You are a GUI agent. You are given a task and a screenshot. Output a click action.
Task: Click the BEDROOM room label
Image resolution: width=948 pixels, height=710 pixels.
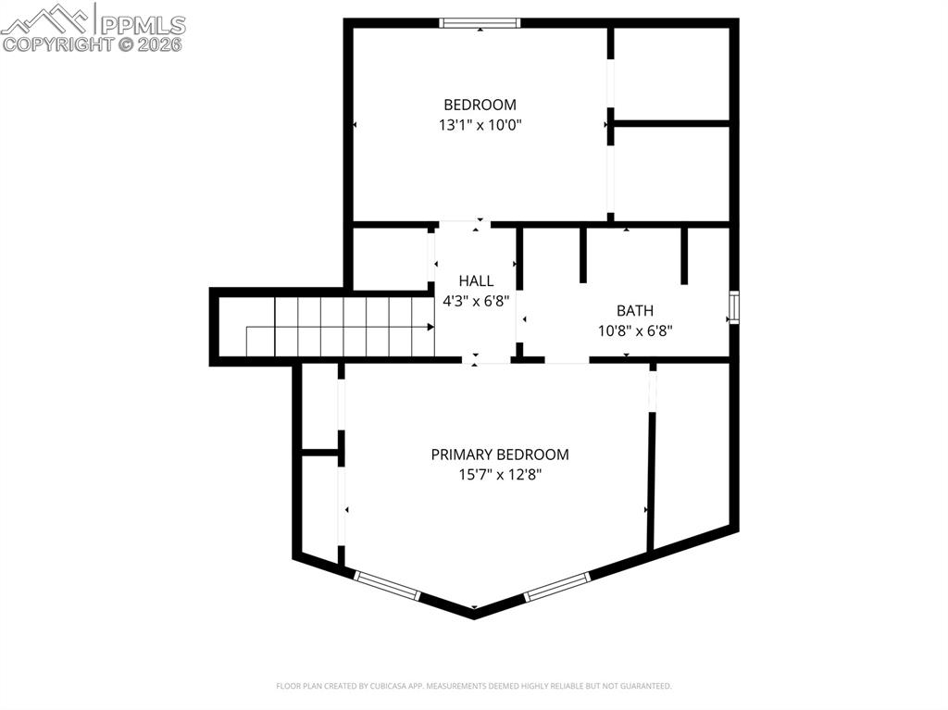click(480, 105)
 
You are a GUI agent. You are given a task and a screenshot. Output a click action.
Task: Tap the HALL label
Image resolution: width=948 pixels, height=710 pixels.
click(476, 280)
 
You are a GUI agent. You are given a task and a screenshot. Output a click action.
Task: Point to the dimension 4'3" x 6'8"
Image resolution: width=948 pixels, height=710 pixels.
click(476, 299)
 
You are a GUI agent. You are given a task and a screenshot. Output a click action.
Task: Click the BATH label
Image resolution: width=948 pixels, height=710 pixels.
click(634, 311)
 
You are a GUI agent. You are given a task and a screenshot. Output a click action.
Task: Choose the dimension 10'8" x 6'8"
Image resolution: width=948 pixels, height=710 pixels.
click(634, 330)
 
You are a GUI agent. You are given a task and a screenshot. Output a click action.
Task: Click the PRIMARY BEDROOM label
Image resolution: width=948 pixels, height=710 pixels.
click(500, 455)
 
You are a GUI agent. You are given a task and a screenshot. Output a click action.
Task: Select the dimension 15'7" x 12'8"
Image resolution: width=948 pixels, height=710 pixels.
click(500, 474)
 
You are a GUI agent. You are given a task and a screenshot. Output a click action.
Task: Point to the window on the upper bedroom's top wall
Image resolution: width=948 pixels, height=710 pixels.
click(480, 23)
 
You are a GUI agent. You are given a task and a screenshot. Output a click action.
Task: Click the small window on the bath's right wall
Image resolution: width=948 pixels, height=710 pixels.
click(733, 306)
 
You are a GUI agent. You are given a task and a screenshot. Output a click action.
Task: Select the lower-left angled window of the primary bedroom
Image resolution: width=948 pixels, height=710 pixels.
click(388, 585)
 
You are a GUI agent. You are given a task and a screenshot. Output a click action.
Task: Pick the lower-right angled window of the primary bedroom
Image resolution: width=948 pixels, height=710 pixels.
click(557, 587)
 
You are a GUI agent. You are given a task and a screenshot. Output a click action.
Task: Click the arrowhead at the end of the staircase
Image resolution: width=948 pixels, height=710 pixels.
click(430, 327)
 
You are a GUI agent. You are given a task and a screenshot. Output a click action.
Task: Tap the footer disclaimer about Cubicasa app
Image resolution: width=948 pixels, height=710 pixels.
click(474, 686)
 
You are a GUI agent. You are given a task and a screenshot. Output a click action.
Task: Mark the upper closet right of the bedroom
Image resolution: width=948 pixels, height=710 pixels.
click(671, 72)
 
